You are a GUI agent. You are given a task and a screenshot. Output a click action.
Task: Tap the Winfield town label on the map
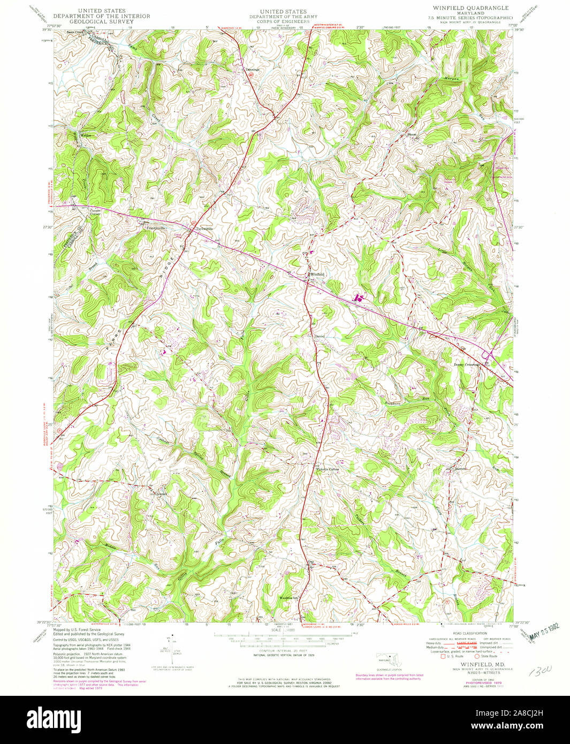(x=317, y=274)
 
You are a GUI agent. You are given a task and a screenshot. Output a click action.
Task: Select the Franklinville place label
(x=157, y=227)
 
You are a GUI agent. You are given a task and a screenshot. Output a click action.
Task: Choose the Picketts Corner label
(x=327, y=469)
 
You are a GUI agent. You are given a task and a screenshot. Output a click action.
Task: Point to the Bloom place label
(x=412, y=134)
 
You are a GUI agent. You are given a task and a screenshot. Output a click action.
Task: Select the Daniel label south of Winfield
(x=320, y=336)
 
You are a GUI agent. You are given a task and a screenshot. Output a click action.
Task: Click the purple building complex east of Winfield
(x=358, y=298)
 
